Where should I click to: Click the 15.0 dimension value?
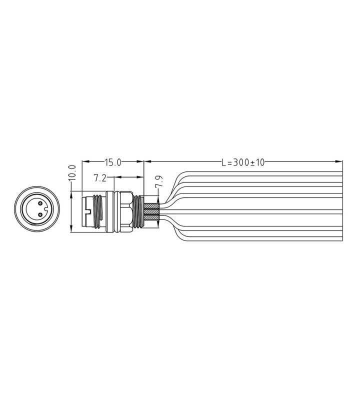113,162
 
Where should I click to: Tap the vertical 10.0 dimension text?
72,172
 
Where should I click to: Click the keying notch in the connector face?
43,209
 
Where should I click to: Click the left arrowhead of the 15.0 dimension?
84,161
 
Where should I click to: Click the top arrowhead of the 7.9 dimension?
159,198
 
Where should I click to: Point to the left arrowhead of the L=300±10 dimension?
146,161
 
